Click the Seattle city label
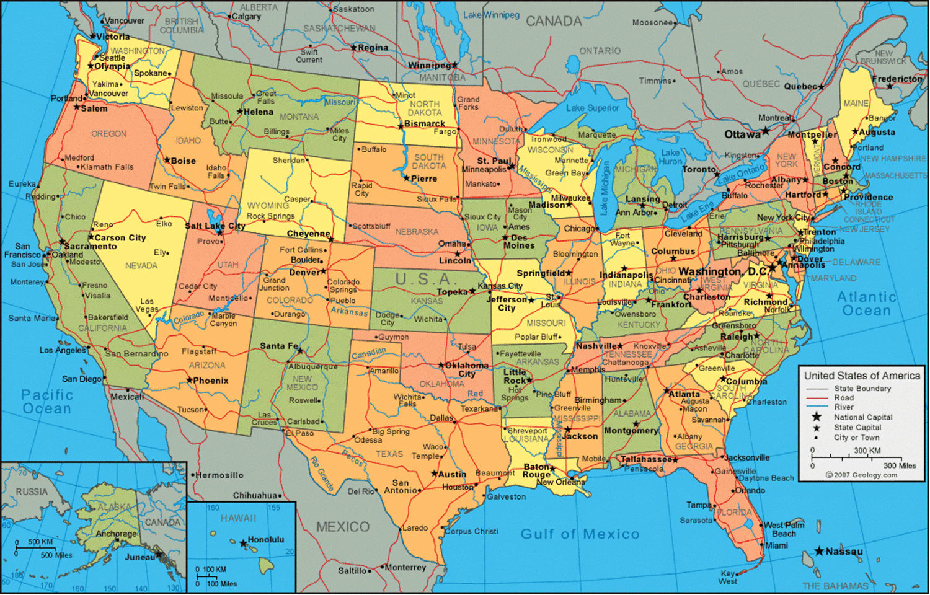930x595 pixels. click(x=112, y=58)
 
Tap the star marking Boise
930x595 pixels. click(x=167, y=160)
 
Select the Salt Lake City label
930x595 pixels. click(x=215, y=226)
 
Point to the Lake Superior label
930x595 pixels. click(x=592, y=108)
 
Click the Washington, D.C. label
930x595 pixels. click(x=723, y=271)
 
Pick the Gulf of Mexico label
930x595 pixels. click(x=579, y=534)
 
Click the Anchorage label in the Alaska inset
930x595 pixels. click(x=116, y=533)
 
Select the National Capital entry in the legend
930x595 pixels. click(x=862, y=417)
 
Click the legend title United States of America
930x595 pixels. click(x=862, y=376)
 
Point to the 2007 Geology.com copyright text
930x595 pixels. click(x=861, y=475)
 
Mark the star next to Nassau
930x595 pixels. click(x=819, y=551)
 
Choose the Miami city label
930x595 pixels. click(x=776, y=545)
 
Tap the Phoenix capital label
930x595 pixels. click(x=211, y=381)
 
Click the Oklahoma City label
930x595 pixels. click(x=467, y=369)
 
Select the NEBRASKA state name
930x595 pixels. click(x=417, y=232)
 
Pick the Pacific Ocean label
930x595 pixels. click(x=47, y=402)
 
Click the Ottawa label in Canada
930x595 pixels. click(x=742, y=134)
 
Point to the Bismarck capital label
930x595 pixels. click(x=424, y=124)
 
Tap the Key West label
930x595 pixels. click(x=728, y=577)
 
